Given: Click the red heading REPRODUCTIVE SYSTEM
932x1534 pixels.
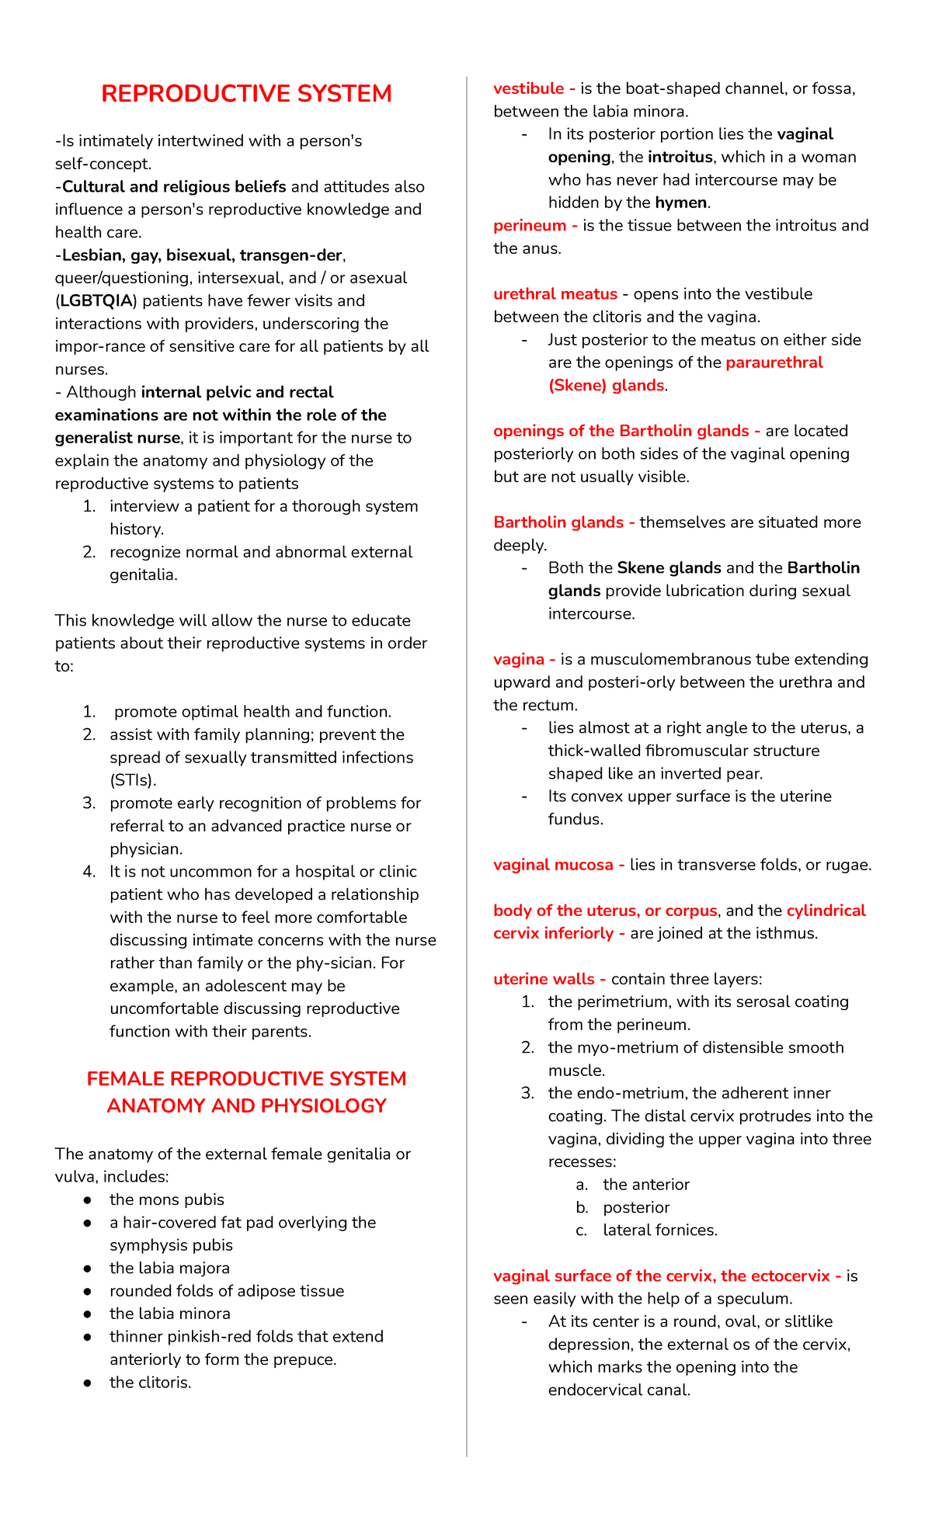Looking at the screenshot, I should coord(246,94).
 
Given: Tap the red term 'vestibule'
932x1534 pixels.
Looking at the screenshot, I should coord(528,88).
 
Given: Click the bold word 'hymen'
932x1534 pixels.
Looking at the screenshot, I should coord(680,203).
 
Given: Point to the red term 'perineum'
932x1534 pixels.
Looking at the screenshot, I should coord(530,225).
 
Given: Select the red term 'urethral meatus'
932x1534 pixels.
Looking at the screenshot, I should coord(555,294).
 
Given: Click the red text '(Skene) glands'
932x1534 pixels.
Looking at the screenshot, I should coord(606,386).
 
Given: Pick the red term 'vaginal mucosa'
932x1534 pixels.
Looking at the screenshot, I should coord(553,865).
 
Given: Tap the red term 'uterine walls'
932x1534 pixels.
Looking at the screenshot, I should coord(544,979).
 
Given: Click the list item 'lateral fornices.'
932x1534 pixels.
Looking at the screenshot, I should coord(659,1230).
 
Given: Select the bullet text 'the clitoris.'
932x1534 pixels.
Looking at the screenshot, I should coord(150,1383).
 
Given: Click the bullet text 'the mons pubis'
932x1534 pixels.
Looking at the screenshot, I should coord(166,1199).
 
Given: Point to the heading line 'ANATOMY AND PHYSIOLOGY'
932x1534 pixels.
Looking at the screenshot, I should coord(246,1105).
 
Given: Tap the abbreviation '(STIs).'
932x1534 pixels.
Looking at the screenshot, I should coord(133,780).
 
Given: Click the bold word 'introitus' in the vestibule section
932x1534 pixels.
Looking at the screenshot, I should coord(680,157).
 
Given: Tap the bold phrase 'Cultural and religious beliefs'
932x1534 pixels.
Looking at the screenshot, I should coord(174,186).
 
